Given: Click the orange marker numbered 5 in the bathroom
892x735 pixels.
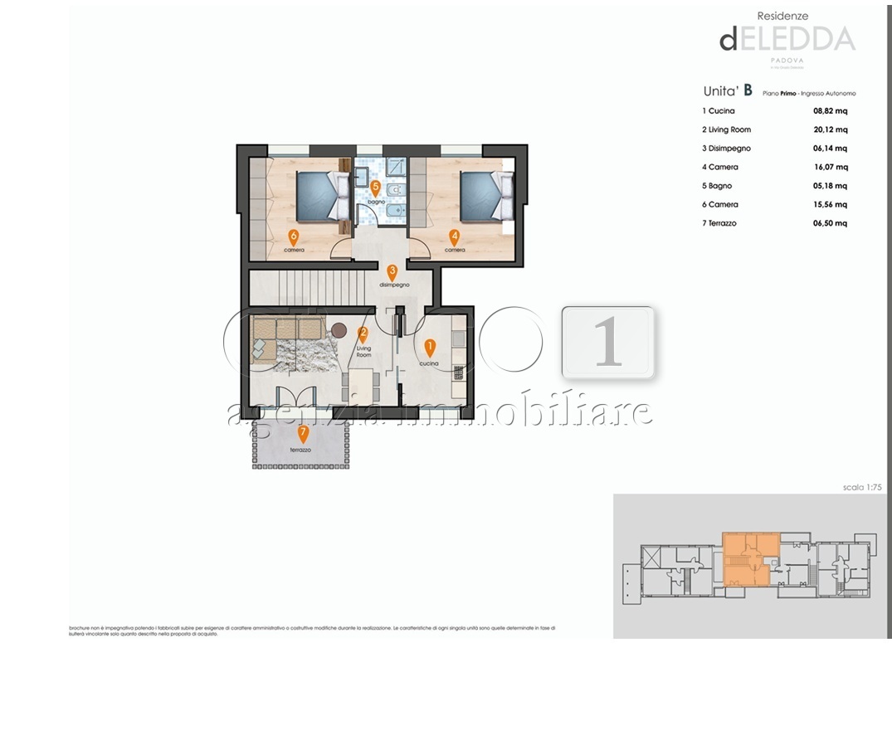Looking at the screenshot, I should pyautogui.click(x=375, y=187).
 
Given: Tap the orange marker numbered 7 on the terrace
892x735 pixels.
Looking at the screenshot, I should pyautogui.click(x=303, y=432).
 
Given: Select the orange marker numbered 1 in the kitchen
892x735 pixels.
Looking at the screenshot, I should pyautogui.click(x=429, y=347).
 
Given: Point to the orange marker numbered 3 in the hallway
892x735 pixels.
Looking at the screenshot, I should pyautogui.click(x=392, y=271).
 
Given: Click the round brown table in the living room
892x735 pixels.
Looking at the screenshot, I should pyautogui.click(x=339, y=330).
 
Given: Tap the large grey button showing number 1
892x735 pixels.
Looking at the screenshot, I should pyautogui.click(x=608, y=342).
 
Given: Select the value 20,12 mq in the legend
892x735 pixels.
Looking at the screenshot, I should pyautogui.click(x=830, y=129).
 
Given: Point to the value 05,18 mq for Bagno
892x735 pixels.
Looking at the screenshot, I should pyautogui.click(x=830, y=186).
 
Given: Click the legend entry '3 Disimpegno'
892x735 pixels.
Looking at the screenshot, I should pyautogui.click(x=726, y=148).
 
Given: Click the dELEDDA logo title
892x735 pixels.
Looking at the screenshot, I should pyautogui.click(x=787, y=39).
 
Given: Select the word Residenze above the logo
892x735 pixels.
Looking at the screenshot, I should pyautogui.click(x=782, y=15).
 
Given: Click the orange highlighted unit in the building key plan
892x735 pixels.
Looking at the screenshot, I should pyautogui.click(x=750, y=559).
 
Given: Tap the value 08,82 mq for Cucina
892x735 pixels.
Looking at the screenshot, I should pyautogui.click(x=830, y=110).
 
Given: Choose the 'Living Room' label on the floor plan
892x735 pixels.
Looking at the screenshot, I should pyautogui.click(x=363, y=351).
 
